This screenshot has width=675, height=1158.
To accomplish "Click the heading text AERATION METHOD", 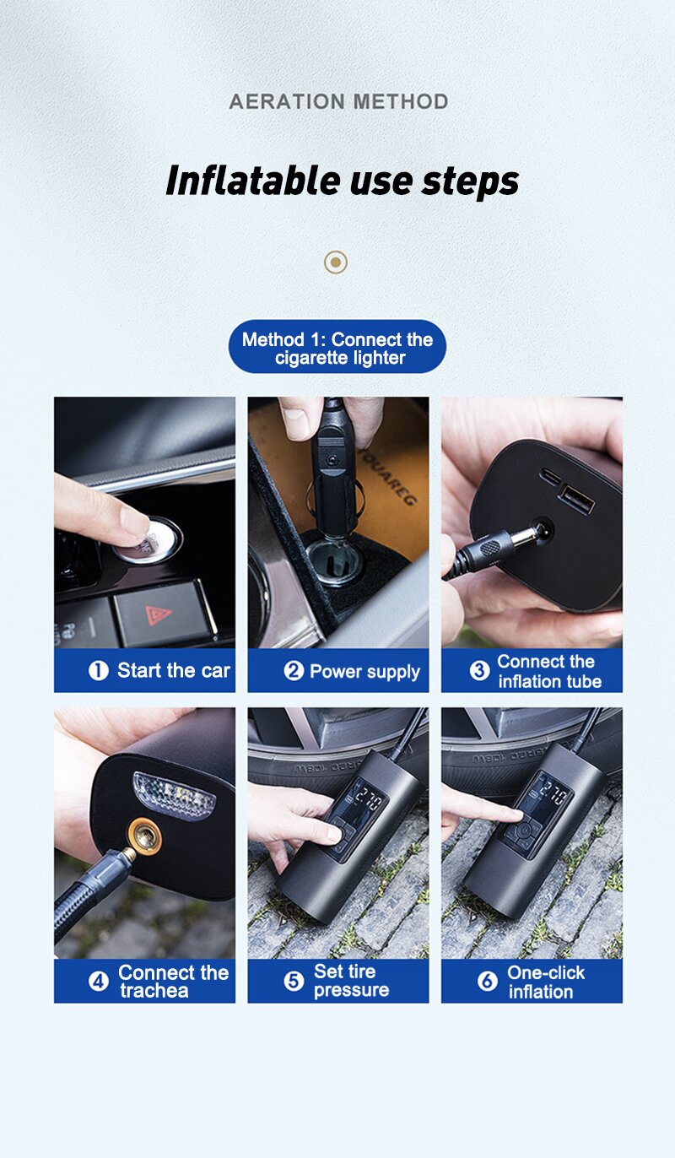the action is point(338,101).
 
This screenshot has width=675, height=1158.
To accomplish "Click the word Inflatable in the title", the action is point(253,181).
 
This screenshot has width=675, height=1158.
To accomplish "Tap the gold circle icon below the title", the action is point(336,262).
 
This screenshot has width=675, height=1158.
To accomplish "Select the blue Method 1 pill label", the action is point(337,346).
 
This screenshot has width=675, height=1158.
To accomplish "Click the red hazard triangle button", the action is point(158,614).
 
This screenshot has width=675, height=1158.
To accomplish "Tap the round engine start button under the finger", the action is point(150,540).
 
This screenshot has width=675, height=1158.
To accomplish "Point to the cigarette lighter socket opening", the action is point(332,561).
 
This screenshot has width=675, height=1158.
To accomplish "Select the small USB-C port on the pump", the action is point(551,476).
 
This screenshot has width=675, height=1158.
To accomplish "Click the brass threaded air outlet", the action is point(144,837).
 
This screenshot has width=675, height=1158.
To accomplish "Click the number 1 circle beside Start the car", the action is point(98,670).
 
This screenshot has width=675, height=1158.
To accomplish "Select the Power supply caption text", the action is point(364,672).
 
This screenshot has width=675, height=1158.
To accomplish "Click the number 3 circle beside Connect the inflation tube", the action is point(479,670).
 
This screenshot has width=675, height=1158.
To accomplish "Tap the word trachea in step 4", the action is point(154,991).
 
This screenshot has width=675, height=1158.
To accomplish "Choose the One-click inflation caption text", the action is point(545,982).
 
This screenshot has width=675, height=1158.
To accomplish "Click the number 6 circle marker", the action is point(487,982).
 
